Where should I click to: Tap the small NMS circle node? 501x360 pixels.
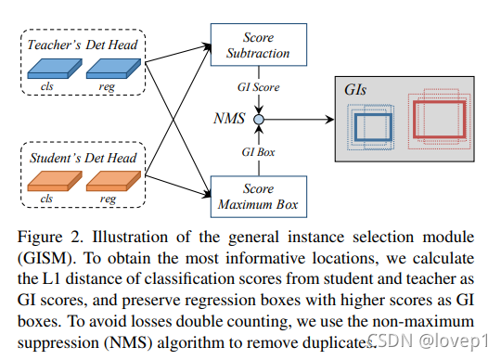click(x=261, y=120)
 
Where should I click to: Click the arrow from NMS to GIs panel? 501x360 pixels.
click(x=302, y=120)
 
